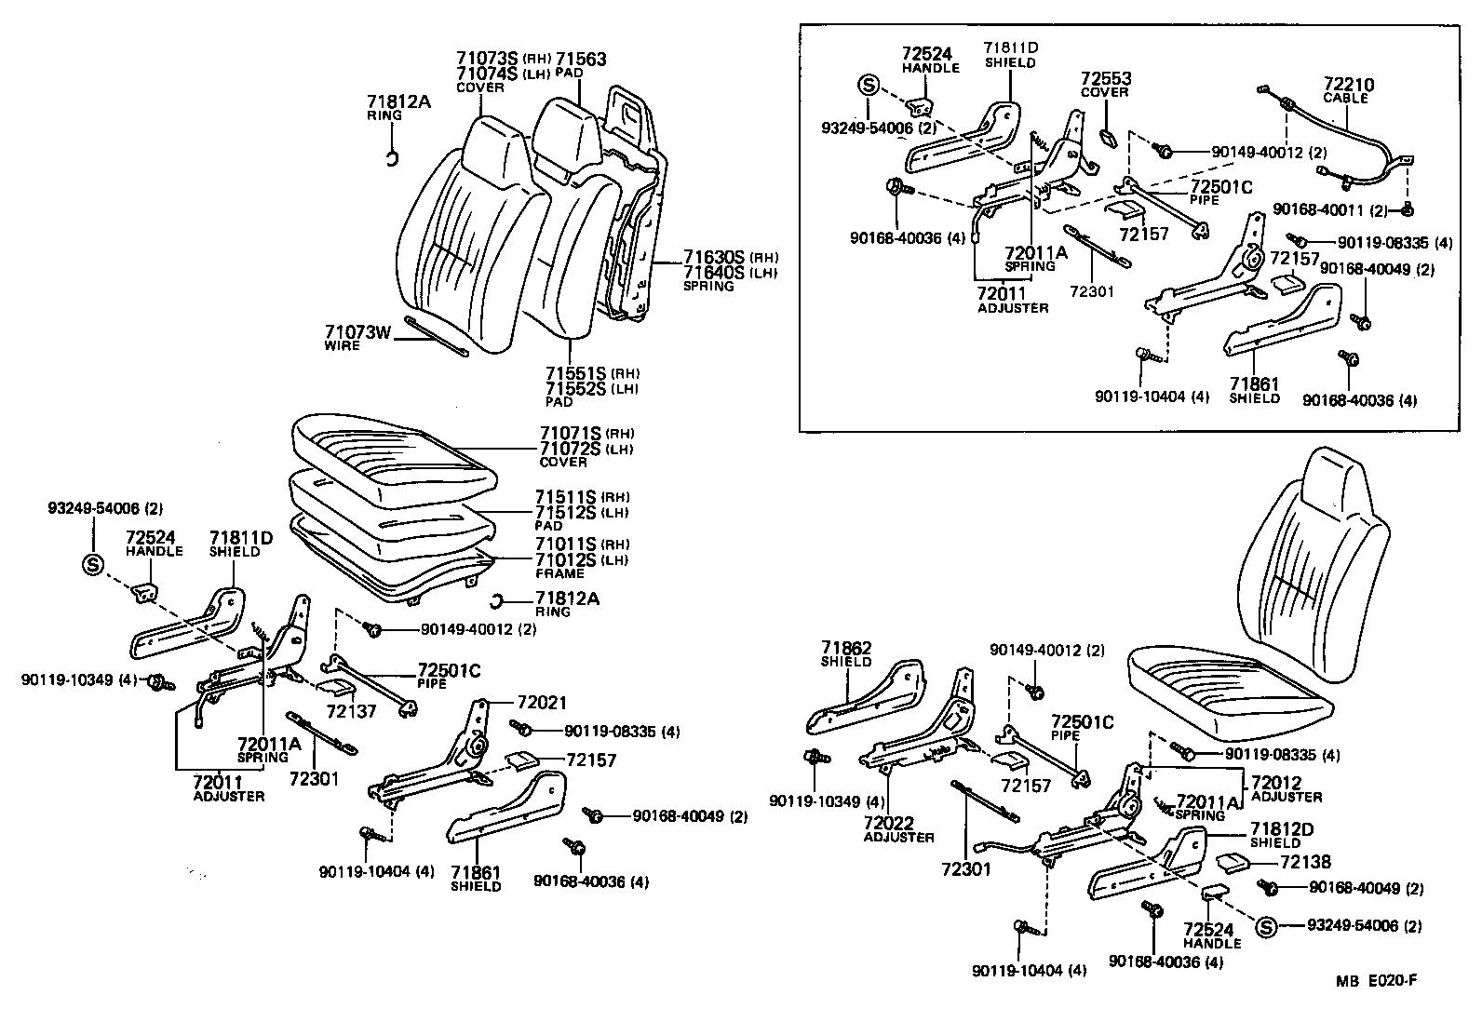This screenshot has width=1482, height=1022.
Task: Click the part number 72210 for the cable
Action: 1345,85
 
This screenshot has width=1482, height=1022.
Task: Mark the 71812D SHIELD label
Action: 1281,834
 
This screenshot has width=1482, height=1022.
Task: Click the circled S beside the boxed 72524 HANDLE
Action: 867,86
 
